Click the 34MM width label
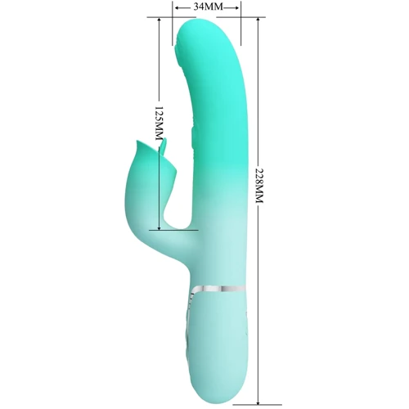[x=209, y=7]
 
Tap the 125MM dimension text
[x=159, y=124]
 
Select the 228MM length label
[x=259, y=186]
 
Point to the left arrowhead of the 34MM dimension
[x=178, y=8]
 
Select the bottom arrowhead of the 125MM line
[x=160, y=227]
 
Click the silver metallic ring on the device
[x=218, y=289]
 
